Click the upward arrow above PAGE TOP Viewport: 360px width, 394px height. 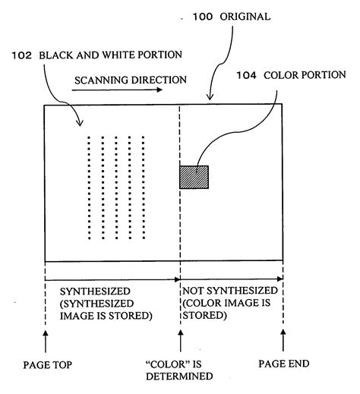tap(46, 339)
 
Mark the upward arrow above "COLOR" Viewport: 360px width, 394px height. tap(180, 339)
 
